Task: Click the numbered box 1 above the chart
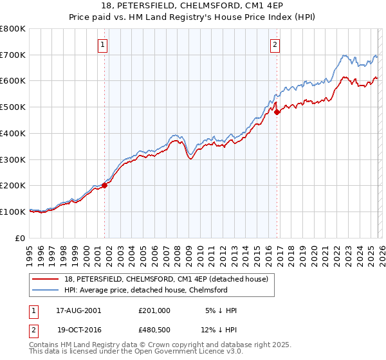tap(104, 44)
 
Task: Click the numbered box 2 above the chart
tap(275, 44)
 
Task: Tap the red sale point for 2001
tap(104, 185)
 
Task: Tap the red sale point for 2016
tap(277, 112)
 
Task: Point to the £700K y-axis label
tap(13, 55)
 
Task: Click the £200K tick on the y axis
tap(13, 186)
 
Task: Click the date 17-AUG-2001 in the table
tap(78, 310)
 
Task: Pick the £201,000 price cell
tap(154, 310)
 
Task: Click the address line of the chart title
tap(193, 6)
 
